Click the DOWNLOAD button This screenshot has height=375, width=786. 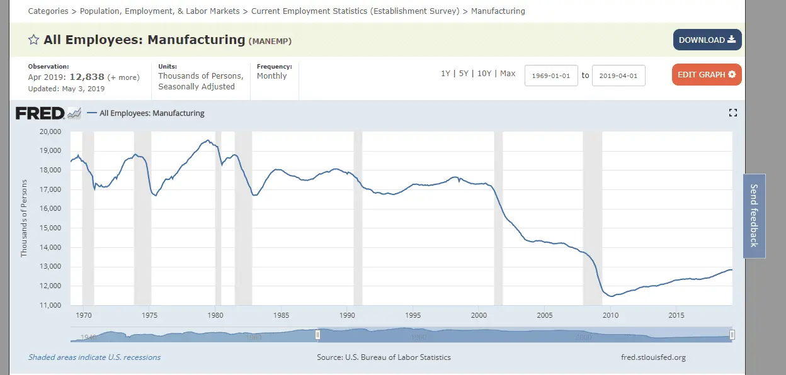707,40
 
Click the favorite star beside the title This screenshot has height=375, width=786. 34,40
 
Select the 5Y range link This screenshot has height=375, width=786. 464,74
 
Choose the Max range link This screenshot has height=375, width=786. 508,74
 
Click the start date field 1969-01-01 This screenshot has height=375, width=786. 551,76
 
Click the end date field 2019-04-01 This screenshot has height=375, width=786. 618,76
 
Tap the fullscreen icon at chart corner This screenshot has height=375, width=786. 732,113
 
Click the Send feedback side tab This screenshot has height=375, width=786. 754,216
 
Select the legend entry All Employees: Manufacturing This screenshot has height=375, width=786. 152,113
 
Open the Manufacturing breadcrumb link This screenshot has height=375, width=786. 498,11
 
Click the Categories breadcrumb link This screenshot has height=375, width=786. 48,11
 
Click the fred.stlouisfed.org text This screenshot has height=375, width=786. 652,357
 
